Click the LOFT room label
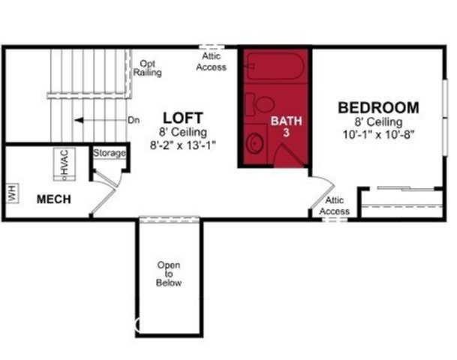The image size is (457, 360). pyautogui.click(x=184, y=118)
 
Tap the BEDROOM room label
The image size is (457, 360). pyautogui.click(x=378, y=107)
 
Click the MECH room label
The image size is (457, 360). pyautogui.click(x=54, y=199)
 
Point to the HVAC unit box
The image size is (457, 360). pyautogui.click(x=64, y=163)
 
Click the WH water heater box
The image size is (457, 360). pyautogui.click(x=12, y=193)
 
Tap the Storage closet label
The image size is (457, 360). pyautogui.click(x=110, y=153)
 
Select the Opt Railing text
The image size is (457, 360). pyautogui.click(x=145, y=68)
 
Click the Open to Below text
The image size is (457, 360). pyautogui.click(x=169, y=274)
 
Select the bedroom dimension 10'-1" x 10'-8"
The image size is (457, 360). pyautogui.click(x=378, y=133)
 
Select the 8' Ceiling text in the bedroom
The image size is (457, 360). pyautogui.click(x=379, y=121)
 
